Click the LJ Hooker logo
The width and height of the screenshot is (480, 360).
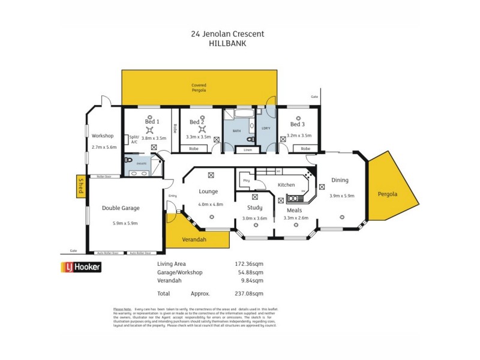click(80, 267)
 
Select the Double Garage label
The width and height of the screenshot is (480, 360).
click(121, 208)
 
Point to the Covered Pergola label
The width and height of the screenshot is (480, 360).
click(199, 87)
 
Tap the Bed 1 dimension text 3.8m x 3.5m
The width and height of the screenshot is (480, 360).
click(151, 137)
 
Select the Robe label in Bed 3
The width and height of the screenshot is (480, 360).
click(305, 148)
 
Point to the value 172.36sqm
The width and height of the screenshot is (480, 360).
click(248, 263)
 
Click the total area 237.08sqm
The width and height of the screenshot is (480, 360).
click(248, 293)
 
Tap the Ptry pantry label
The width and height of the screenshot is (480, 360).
click(245, 180)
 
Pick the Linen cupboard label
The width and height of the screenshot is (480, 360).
click(247, 150)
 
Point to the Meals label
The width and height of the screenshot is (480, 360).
click(294, 210)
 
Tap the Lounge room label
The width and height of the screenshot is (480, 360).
click(209, 192)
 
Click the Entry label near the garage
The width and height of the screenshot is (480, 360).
click(173, 196)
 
